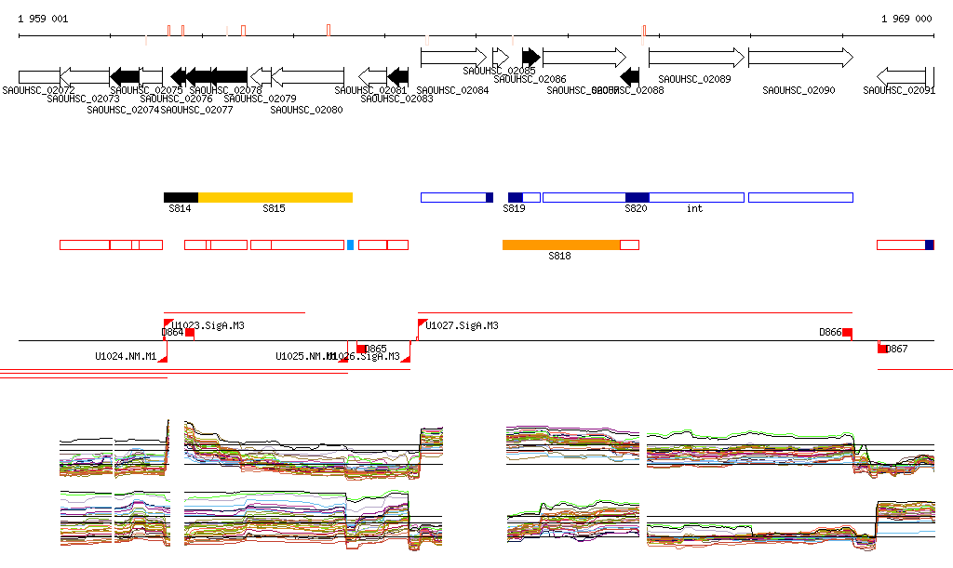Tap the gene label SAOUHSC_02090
[799, 90]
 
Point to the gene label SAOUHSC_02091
[899, 90]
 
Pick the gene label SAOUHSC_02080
[307, 110]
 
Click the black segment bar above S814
[181, 197]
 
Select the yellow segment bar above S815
[275, 197]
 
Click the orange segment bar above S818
[561, 244]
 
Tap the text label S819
[515, 209]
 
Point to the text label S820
[636, 209]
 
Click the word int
[694, 209]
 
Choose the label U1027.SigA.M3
[463, 326]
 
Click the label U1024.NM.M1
[126, 356]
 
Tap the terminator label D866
[830, 332]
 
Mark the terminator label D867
[896, 349]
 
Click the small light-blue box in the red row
[350, 244]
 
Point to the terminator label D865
[375, 349]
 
